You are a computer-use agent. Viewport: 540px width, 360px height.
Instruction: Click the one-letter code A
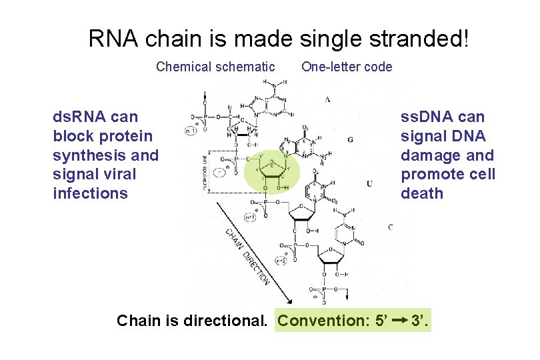(x=328, y=99)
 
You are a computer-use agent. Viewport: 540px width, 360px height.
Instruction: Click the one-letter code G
(x=351, y=139)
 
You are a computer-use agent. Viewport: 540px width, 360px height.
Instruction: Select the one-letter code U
(x=369, y=183)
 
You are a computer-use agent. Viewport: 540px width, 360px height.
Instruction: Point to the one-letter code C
(x=390, y=227)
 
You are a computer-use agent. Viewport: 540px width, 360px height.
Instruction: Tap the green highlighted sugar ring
(x=271, y=170)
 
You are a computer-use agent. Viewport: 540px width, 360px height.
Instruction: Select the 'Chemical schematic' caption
(x=215, y=67)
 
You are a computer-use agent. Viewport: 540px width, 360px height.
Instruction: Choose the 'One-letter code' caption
(x=347, y=67)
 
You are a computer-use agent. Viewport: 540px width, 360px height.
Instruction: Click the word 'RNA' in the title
(x=111, y=39)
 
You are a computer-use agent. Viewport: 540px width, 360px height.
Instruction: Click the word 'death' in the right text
(x=422, y=193)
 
